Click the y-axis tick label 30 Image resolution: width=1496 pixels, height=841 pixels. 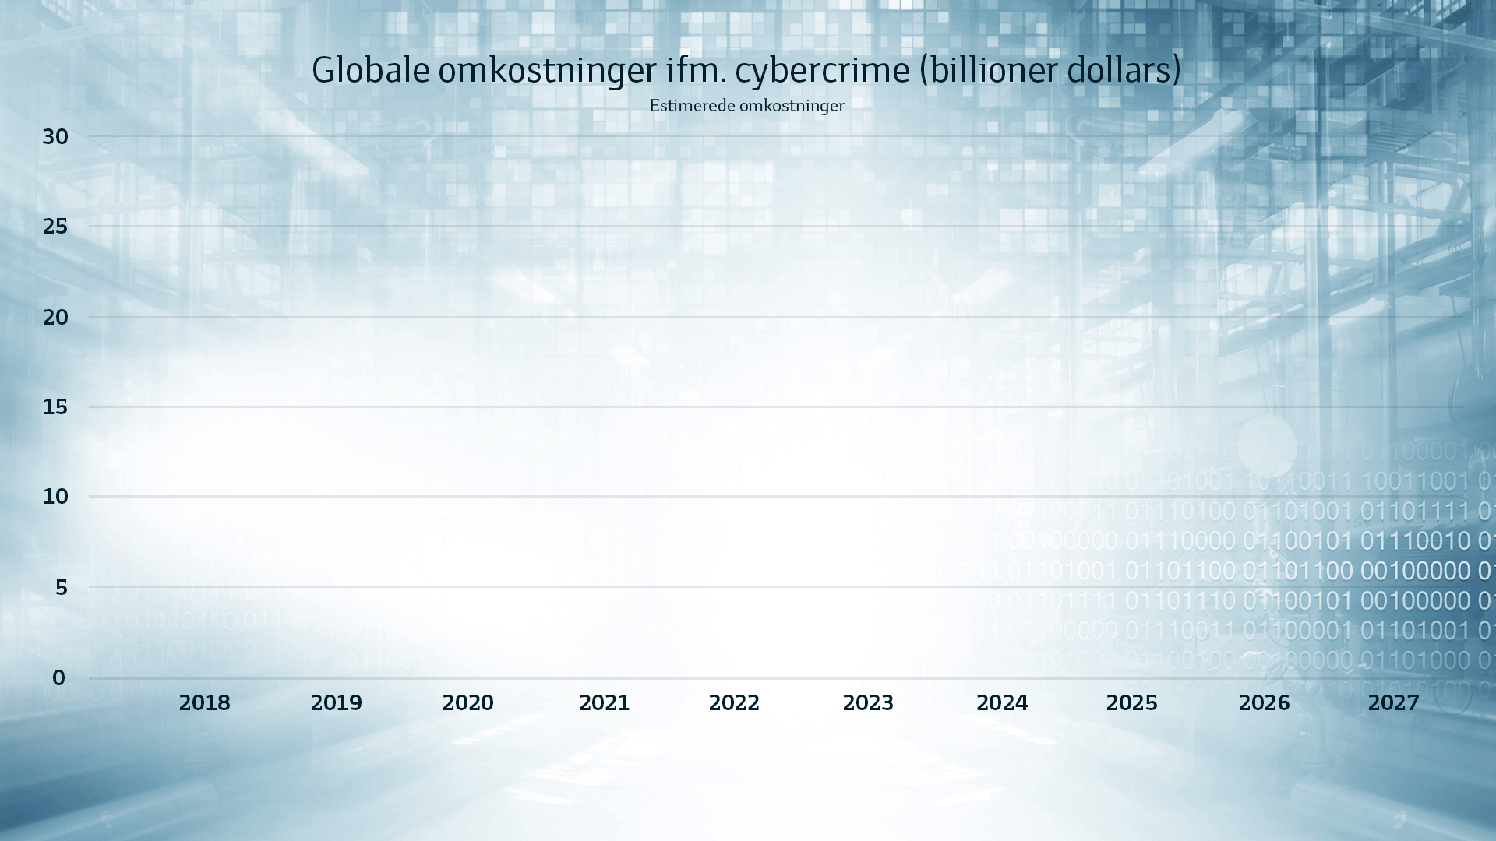click(55, 137)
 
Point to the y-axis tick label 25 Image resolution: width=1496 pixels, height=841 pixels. click(55, 227)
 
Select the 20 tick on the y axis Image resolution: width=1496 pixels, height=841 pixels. click(55, 318)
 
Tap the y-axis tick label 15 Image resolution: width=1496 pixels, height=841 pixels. click(55, 407)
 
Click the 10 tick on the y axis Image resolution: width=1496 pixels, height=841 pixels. click(55, 497)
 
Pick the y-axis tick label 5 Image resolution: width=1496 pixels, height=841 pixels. click(62, 588)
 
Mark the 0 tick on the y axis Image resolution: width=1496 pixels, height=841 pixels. click(59, 678)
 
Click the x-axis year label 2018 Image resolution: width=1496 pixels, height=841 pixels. click(205, 703)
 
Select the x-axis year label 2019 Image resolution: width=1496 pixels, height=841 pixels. click(337, 703)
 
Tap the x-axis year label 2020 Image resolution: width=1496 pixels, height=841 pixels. click(468, 703)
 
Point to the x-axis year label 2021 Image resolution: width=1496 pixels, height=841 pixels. click(604, 703)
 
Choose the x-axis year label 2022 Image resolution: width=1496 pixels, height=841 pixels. click(734, 703)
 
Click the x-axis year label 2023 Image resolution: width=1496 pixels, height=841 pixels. click(868, 703)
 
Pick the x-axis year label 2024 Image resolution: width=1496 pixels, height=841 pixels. click(1002, 703)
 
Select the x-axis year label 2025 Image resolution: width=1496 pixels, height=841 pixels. click(1132, 703)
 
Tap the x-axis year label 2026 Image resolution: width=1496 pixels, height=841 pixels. click(1264, 703)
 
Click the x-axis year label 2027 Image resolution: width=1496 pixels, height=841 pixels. click(1394, 703)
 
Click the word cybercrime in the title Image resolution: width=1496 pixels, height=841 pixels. click(822, 71)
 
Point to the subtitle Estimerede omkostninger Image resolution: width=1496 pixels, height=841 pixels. click(746, 106)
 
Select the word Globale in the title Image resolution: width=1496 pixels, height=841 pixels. click(371, 71)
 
